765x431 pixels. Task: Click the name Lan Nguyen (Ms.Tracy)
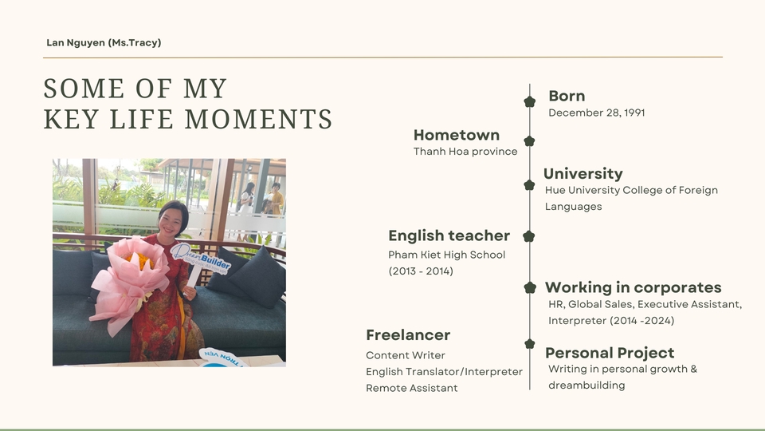pyautogui.click(x=104, y=42)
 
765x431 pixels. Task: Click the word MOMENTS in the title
pyautogui.click(x=258, y=119)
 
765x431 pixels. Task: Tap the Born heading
pyautogui.click(x=567, y=96)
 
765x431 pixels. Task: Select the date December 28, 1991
pyautogui.click(x=597, y=113)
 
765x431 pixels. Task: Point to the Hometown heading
pyautogui.click(x=456, y=135)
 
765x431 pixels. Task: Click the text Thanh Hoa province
pyautogui.click(x=465, y=152)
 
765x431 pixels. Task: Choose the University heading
pyautogui.click(x=583, y=173)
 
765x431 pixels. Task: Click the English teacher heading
pyautogui.click(x=449, y=235)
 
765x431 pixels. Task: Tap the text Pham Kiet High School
pyautogui.click(x=446, y=255)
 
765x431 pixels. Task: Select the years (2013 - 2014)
pyautogui.click(x=421, y=271)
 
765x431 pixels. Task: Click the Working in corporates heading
pyautogui.click(x=633, y=287)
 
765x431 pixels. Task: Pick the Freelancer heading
pyautogui.click(x=408, y=334)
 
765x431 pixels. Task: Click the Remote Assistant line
pyautogui.click(x=412, y=388)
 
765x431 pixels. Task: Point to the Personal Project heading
pyautogui.click(x=610, y=353)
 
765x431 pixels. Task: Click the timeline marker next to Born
pyautogui.click(x=529, y=101)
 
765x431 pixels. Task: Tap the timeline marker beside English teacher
pyautogui.click(x=529, y=236)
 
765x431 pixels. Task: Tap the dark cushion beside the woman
pyautogui.click(x=259, y=277)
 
